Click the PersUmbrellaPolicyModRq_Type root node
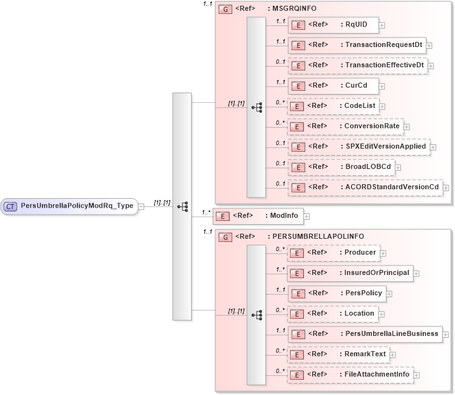pos(69,206)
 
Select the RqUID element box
pos(333,25)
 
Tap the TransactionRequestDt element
pos(356,46)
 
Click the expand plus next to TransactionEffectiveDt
pos(431,65)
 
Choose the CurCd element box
pos(333,86)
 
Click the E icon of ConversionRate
pos(296,126)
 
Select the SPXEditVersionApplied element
pos(358,147)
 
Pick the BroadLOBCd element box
pos(341,167)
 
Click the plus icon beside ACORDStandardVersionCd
pos(446,188)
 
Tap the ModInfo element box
pos(258,216)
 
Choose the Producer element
pos(333,253)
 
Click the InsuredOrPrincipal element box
pos(350,273)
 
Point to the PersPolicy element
pos(336,293)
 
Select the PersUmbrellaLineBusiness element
pos(364,334)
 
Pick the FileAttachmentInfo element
pos(350,375)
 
